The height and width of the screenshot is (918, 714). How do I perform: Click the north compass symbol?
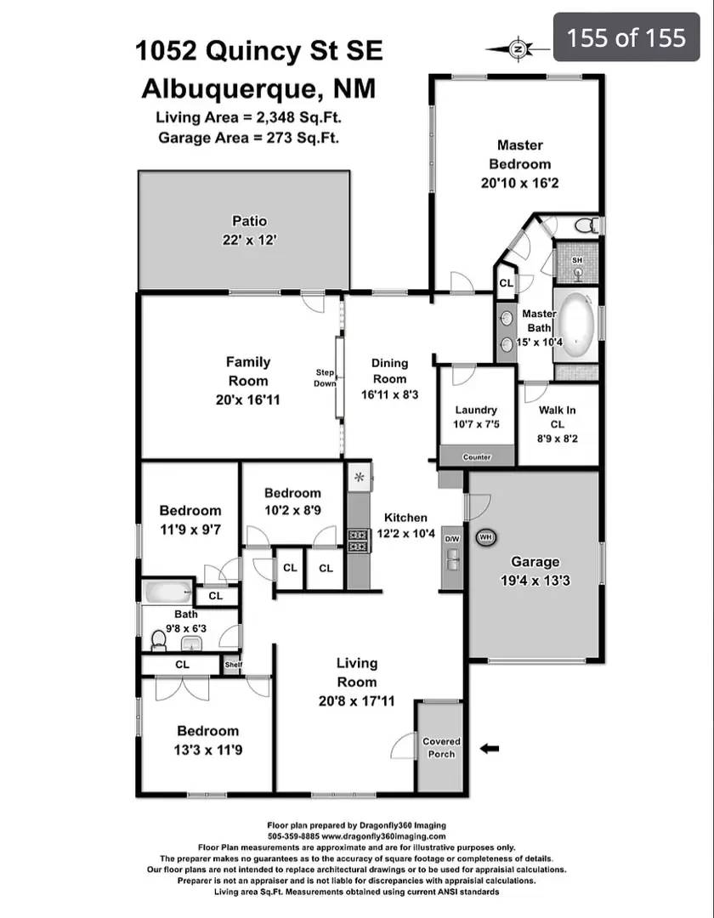[x=518, y=49]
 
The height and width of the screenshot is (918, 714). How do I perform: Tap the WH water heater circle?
[x=485, y=537]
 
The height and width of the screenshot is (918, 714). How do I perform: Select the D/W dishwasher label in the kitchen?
[x=452, y=539]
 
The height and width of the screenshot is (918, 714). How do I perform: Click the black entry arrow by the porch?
[x=490, y=749]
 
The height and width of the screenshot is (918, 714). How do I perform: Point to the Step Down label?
[x=326, y=378]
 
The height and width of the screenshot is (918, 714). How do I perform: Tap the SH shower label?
[x=577, y=260]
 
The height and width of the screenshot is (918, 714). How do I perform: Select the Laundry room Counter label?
[x=477, y=457]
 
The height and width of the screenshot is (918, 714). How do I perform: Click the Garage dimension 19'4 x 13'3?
[x=535, y=581]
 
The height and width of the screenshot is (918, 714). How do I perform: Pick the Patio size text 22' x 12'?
[x=243, y=241]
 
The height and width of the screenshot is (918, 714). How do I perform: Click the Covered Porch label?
[x=441, y=747]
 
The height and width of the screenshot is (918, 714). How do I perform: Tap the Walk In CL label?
[x=557, y=416]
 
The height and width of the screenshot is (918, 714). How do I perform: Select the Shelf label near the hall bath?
[x=233, y=665]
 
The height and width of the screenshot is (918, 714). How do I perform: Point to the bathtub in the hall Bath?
[x=167, y=591]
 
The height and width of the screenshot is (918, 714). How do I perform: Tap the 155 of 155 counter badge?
[x=626, y=37]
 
